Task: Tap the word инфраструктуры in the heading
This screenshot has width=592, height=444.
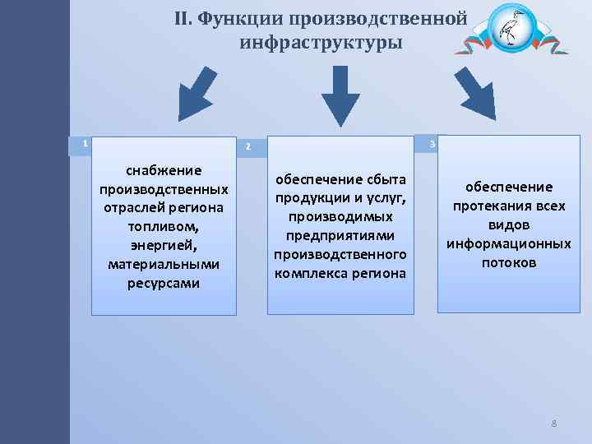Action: coord(321,43)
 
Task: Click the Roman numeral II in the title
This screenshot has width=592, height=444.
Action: coord(183,19)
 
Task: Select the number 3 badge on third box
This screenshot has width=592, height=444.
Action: coord(433,145)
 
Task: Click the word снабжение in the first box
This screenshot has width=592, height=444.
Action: coord(163,170)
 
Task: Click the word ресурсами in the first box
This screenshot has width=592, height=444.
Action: coord(163,284)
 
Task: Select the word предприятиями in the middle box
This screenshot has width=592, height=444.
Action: coord(340,235)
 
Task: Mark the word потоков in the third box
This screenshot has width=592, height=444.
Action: coord(508,263)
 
